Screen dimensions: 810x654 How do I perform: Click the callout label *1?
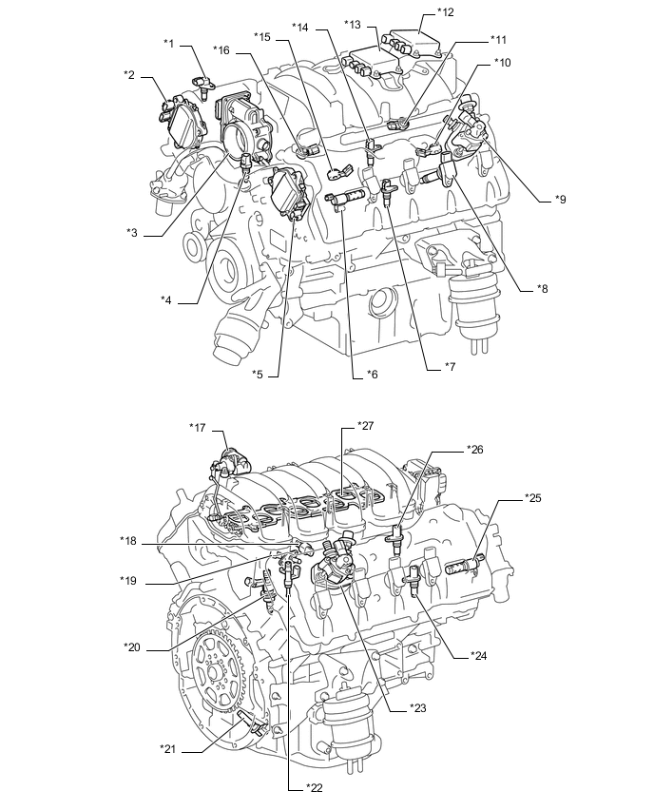[x=169, y=43]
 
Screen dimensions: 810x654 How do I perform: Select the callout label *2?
[x=129, y=73]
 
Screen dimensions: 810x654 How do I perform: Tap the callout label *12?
[x=445, y=12]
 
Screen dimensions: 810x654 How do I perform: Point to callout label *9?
[x=561, y=200]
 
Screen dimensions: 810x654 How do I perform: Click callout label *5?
[x=258, y=375]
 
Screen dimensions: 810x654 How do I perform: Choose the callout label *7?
[x=451, y=366]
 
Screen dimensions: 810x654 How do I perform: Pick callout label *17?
[x=198, y=427]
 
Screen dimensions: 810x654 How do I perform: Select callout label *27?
[x=365, y=425]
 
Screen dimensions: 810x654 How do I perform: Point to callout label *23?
[x=416, y=707]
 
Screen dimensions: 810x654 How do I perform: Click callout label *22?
[x=313, y=787]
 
